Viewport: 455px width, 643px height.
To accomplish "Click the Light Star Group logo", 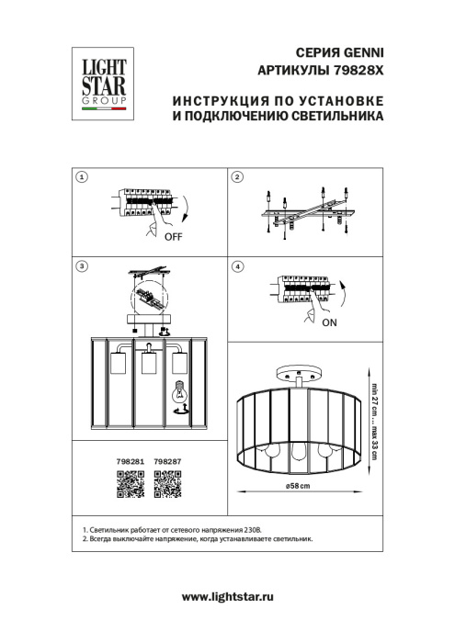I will [x=99, y=85].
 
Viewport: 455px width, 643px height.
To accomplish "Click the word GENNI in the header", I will [x=361, y=54].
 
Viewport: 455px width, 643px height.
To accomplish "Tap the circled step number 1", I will [x=82, y=176].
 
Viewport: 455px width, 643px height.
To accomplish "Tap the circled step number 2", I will [x=237, y=176].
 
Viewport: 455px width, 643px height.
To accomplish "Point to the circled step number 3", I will [x=82, y=266].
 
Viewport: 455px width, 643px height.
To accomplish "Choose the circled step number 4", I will [x=237, y=266].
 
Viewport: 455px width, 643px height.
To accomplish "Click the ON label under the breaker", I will [x=330, y=324].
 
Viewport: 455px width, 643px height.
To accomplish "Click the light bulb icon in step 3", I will [x=181, y=393].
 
